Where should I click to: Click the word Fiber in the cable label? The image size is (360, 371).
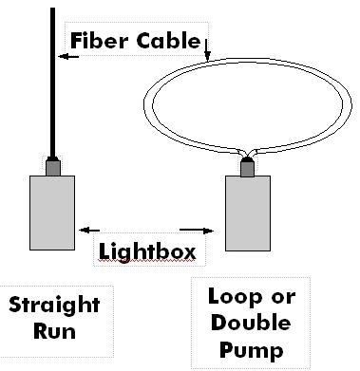[100, 40]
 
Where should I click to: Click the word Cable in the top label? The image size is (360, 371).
[169, 41]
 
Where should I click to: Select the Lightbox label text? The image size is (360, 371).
[147, 251]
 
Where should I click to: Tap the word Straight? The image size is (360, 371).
[54, 306]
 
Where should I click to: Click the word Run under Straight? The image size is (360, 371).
[55, 331]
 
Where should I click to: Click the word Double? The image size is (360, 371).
[251, 323]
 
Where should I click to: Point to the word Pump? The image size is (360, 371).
[252, 350]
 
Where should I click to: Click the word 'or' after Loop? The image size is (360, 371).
[283, 298]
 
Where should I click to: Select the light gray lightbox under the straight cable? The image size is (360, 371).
[52, 213]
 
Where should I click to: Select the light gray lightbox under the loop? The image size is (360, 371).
[248, 213]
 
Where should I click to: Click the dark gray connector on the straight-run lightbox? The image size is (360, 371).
[53, 168]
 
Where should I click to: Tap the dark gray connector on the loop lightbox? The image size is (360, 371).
[248, 169]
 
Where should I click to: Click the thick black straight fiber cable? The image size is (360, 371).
[52, 83]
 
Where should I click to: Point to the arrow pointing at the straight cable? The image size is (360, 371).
[68, 57]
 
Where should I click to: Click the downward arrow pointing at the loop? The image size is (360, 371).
[207, 49]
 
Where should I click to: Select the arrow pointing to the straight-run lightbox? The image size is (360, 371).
[89, 231]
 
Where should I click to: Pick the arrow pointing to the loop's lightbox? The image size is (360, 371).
[197, 231]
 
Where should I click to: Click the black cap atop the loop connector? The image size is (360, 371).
[248, 159]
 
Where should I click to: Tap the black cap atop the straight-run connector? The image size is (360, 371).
[53, 158]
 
